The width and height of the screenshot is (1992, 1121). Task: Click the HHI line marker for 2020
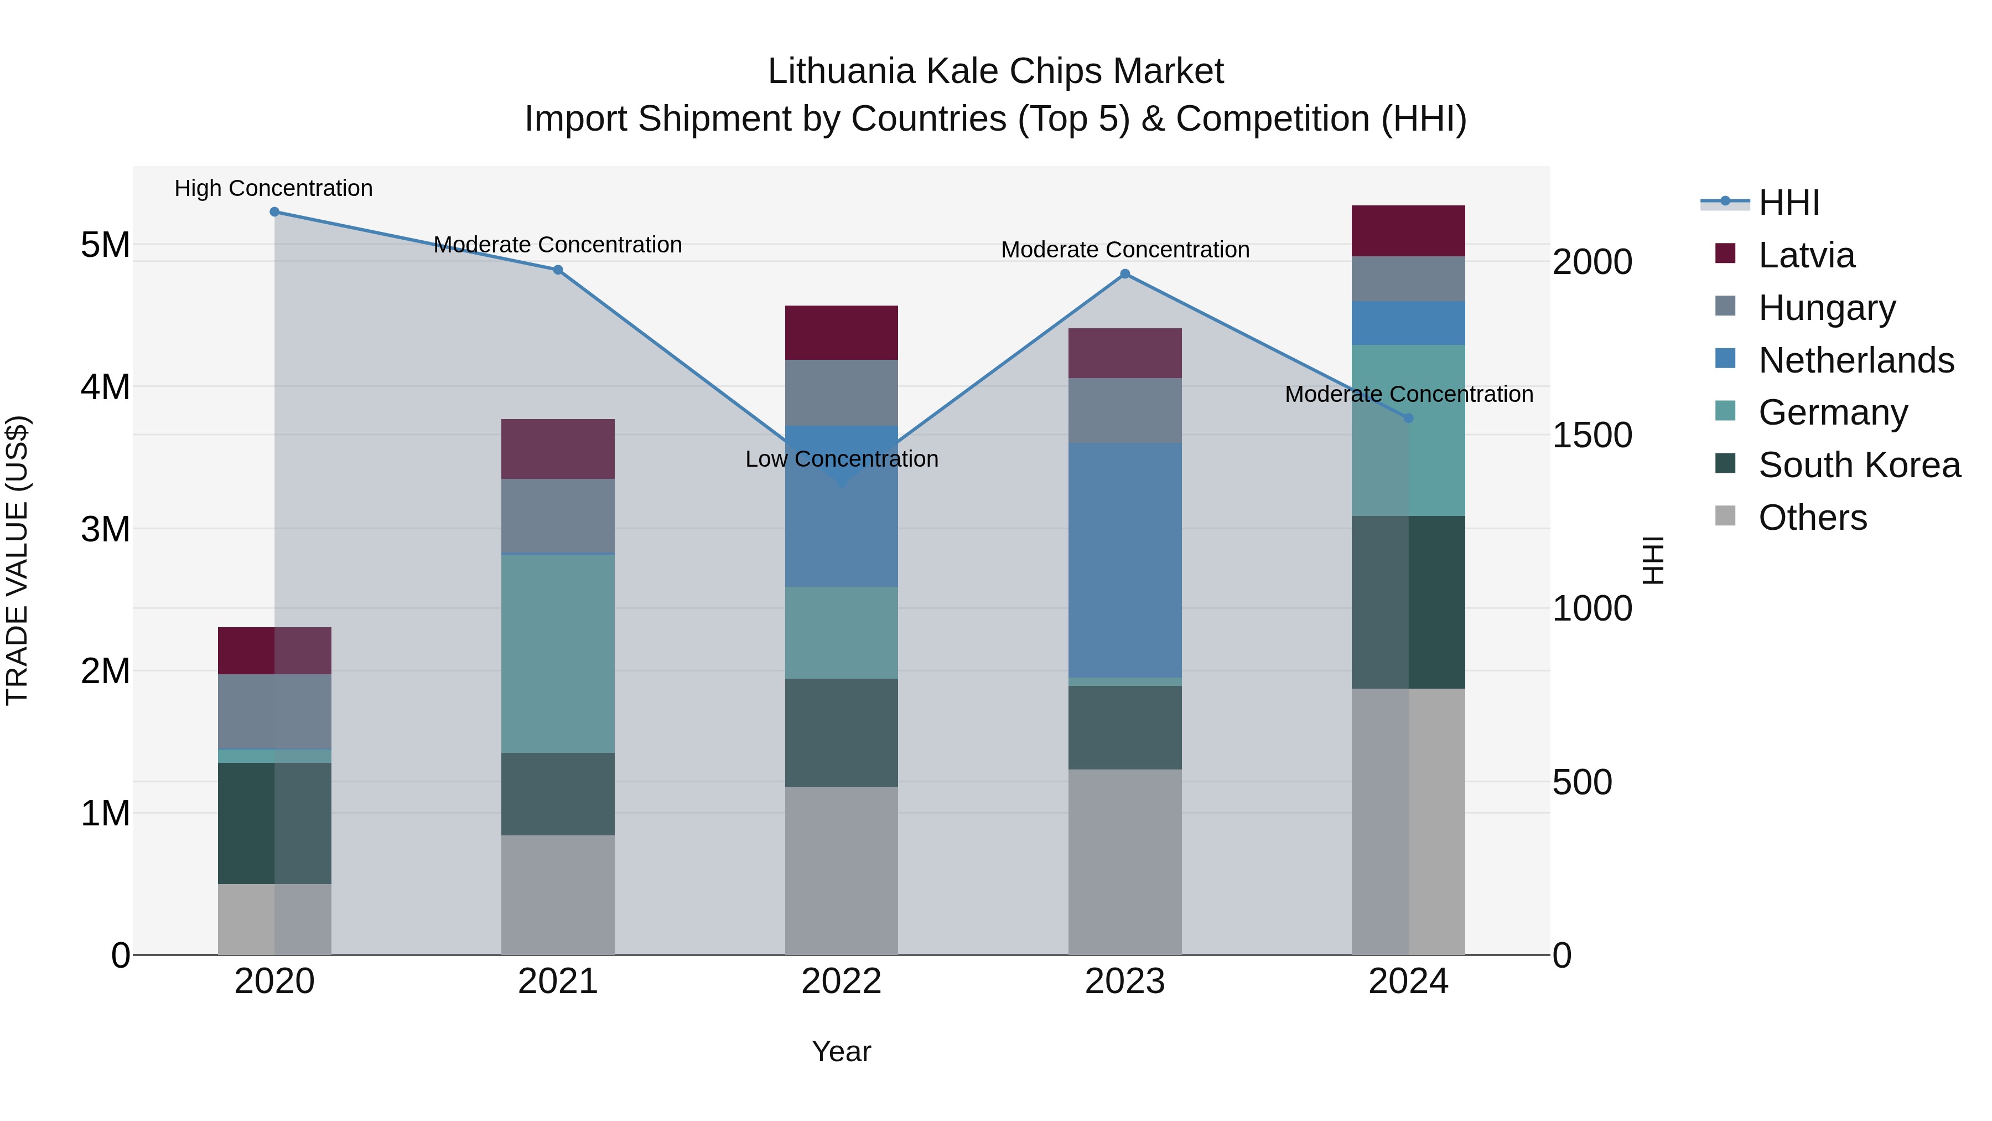point(274,212)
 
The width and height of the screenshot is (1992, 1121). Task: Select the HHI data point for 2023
point(1125,274)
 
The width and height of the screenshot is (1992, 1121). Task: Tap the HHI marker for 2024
point(1408,418)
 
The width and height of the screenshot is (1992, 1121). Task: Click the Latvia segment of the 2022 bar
point(841,333)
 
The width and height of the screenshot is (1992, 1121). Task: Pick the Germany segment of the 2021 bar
point(558,654)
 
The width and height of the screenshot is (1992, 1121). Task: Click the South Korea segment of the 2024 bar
point(1408,602)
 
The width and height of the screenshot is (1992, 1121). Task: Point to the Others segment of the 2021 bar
point(558,895)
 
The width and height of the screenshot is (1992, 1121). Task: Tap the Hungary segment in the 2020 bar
point(274,712)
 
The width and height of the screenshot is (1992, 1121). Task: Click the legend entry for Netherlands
point(1856,360)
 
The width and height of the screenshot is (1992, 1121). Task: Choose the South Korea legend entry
point(1859,465)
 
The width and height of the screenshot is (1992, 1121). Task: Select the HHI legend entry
point(1788,203)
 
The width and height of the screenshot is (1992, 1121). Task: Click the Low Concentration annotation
point(841,459)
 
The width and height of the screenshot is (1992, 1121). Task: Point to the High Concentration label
point(274,188)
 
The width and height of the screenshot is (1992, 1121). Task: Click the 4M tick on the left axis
point(105,387)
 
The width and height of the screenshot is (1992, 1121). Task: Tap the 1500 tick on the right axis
point(1592,435)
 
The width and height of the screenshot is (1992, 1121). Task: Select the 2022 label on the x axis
point(841,981)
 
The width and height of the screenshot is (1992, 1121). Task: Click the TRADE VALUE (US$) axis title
point(17,560)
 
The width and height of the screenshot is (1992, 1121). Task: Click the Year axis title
point(841,1051)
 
